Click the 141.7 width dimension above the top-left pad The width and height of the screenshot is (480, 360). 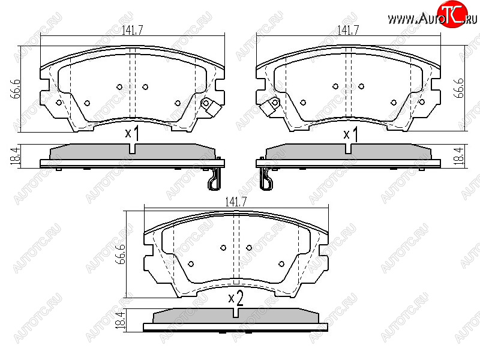point(132,31)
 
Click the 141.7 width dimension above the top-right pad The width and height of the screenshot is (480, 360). point(348,31)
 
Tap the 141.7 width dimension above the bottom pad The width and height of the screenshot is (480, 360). point(236,202)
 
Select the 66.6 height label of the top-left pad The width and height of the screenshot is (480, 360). point(16,89)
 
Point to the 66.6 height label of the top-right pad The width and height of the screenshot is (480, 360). point(459,88)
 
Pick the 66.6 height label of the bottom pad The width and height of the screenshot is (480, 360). point(122,254)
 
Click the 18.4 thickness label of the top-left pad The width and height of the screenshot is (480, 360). point(16,156)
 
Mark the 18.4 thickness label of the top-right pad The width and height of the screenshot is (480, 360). point(459,156)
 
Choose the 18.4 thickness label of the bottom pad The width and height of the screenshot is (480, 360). point(122,320)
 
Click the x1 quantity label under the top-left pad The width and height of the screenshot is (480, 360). point(132,133)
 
